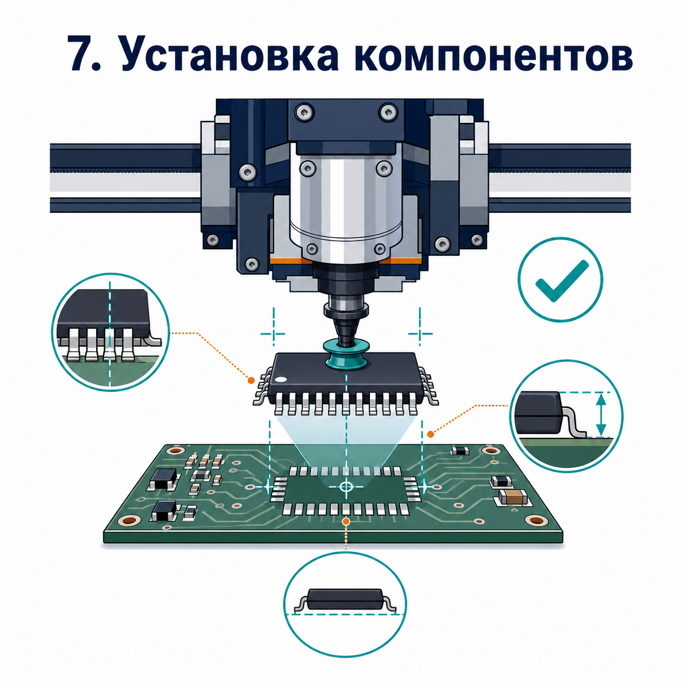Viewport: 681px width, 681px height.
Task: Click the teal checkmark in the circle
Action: [562, 281]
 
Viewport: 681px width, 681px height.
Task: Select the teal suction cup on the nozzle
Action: [345, 355]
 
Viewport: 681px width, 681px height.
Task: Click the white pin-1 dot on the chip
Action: [282, 380]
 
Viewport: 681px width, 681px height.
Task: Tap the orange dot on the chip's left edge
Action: [251, 380]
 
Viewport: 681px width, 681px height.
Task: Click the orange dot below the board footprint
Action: [346, 521]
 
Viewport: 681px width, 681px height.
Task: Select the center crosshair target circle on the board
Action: [345, 487]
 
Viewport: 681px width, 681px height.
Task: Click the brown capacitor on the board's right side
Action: [513, 497]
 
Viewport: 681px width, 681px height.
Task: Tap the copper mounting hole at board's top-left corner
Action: [174, 451]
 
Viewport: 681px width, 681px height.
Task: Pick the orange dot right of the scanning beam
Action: [430, 434]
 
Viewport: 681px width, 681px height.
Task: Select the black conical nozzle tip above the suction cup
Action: [345, 329]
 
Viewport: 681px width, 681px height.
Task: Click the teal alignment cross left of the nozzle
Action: [273, 333]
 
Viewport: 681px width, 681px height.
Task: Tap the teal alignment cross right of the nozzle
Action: [420, 333]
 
